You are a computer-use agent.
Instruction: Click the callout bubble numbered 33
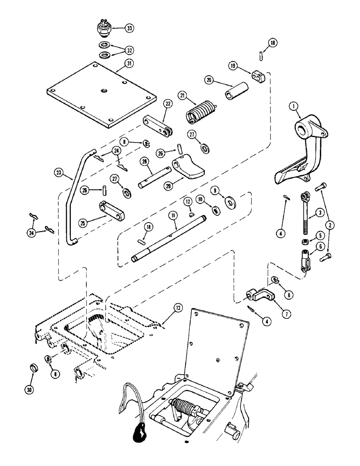pyautogui.click(x=129, y=29)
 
